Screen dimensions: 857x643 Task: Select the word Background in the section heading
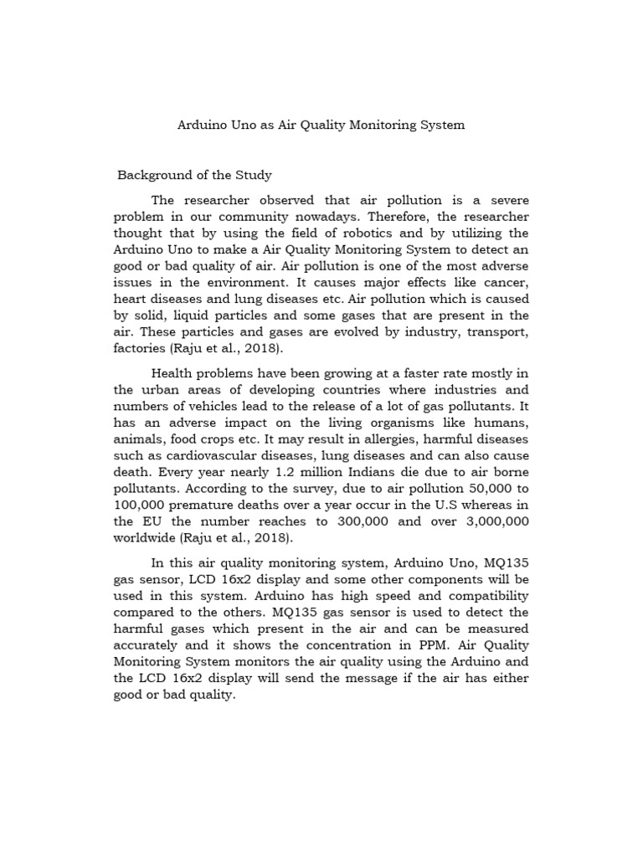[x=152, y=176]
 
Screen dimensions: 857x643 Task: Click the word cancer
[x=505, y=283]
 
